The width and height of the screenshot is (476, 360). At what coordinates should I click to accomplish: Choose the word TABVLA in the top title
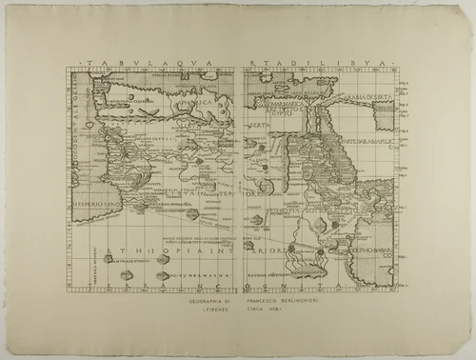tap(107, 65)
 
